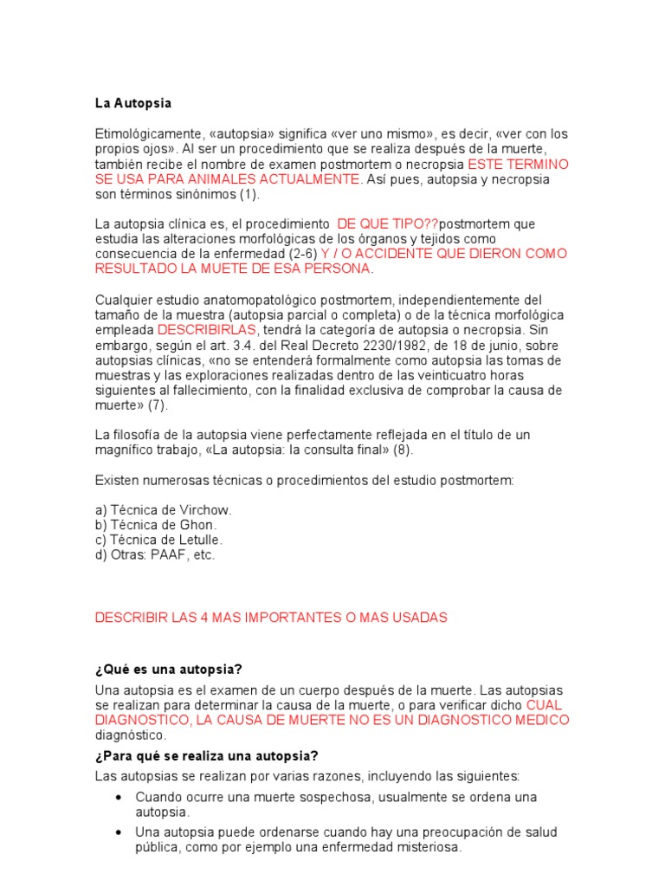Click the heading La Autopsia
pos(133,103)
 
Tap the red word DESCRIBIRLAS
pos(207,330)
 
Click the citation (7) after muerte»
pos(158,405)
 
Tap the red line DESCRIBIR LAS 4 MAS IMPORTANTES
pos(271,617)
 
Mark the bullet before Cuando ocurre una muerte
pos(118,797)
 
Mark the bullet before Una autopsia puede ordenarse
pos(118,832)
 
